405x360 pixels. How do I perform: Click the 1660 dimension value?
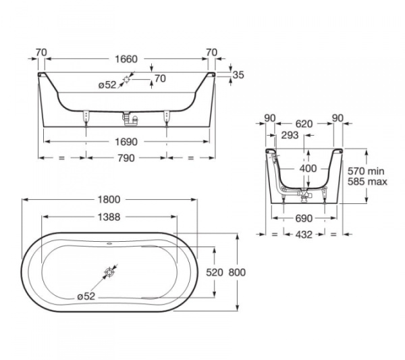click(126, 59)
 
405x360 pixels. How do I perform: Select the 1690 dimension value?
click(126, 142)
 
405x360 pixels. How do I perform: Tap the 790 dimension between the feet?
click(126, 158)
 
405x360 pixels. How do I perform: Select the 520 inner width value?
click(213, 272)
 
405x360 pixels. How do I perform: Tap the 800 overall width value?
click(237, 272)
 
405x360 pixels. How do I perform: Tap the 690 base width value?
click(304, 219)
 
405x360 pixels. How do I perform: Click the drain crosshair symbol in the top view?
click(110, 273)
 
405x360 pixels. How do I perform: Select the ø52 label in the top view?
click(86, 296)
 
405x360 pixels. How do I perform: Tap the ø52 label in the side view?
click(107, 84)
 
